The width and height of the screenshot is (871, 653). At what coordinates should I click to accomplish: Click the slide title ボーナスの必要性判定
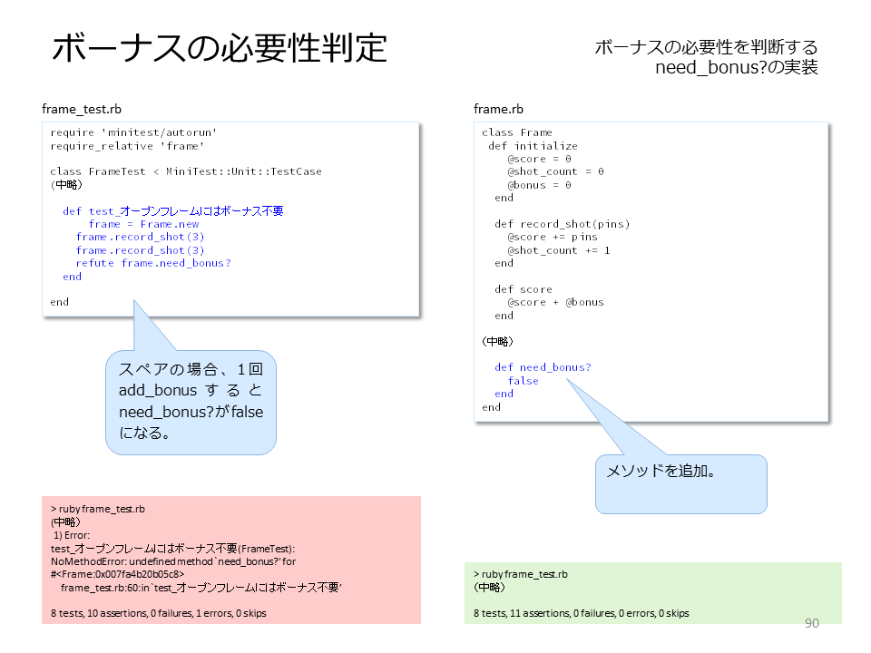pos(220,48)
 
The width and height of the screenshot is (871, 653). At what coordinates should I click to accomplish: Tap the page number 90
pos(811,623)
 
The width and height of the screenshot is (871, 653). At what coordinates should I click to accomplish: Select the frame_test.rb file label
pos(82,109)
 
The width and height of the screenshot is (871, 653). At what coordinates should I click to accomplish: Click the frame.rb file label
pos(498,109)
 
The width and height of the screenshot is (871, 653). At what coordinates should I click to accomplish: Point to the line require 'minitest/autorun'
pos(133,132)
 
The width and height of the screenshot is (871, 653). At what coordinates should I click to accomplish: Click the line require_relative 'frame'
pos(127,146)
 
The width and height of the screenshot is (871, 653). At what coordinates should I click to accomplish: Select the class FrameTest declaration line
pos(185,171)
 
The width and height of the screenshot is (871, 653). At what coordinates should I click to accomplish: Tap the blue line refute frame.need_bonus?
pos(153,263)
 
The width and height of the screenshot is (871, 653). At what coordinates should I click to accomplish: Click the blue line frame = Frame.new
pos(144,224)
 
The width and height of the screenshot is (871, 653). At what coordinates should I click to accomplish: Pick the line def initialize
pos(533,146)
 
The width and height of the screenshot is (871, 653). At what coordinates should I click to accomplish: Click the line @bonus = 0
pos(539,185)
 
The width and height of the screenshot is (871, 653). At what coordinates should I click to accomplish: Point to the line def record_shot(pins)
pos(563,224)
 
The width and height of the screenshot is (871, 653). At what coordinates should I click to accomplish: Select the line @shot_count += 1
pos(558,250)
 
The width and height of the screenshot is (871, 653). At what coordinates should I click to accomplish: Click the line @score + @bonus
pos(555,302)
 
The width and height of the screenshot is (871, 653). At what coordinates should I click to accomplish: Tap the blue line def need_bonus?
pos(543,367)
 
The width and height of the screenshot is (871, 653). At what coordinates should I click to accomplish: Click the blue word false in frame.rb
pos(523,380)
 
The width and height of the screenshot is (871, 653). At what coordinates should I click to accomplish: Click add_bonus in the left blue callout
pos(158,390)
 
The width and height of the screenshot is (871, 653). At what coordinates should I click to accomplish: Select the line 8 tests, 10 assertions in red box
pos(158,613)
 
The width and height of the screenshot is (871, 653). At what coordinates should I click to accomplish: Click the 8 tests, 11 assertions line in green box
pos(581,613)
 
